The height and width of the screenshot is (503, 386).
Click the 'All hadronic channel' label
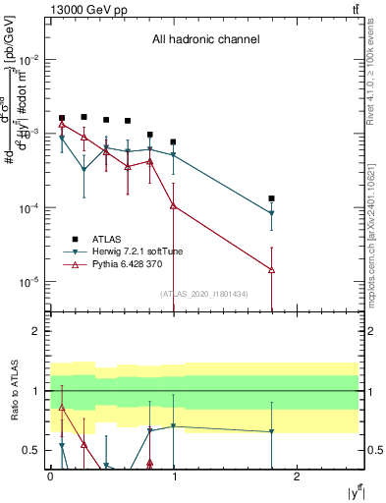(x=205, y=40)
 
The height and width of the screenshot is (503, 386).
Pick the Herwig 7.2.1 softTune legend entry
(x=132, y=251)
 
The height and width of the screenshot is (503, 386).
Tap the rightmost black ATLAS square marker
(x=271, y=198)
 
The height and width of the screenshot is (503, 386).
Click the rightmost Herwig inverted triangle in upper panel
(x=271, y=213)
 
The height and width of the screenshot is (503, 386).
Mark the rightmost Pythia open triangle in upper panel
(x=271, y=269)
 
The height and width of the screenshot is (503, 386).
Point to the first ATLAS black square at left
(x=62, y=118)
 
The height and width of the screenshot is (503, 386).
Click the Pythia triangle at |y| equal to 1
(x=173, y=205)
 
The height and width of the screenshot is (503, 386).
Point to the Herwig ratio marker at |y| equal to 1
(x=173, y=426)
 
